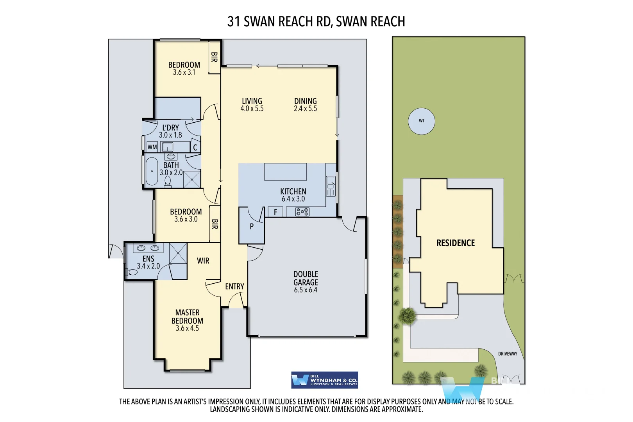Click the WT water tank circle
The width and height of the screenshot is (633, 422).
point(421,121)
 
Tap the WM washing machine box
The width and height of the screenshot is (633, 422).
point(152,147)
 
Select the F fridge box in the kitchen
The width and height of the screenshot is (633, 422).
point(275,212)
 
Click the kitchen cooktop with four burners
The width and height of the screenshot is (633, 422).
point(302,212)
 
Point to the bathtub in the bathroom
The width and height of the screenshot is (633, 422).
point(152,171)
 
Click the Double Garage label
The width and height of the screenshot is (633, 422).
point(306,278)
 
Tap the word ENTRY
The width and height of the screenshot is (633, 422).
point(234,286)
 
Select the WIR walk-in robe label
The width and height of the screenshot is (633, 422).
point(203,261)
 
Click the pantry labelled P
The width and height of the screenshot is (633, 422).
point(252,226)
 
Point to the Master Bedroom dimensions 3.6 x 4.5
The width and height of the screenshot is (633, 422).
point(187,328)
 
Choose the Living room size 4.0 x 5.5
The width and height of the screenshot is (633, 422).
point(252,109)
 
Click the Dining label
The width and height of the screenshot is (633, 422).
point(305,101)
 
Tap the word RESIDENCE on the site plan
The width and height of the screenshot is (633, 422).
point(455,243)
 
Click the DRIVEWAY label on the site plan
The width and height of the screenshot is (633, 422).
point(507,354)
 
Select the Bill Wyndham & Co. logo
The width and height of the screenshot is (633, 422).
point(324,380)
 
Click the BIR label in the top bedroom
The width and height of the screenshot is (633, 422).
point(214,57)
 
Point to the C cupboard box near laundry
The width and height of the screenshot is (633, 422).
point(195,147)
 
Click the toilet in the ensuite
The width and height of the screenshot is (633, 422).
point(132,272)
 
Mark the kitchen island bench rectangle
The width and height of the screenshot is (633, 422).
point(285,172)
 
